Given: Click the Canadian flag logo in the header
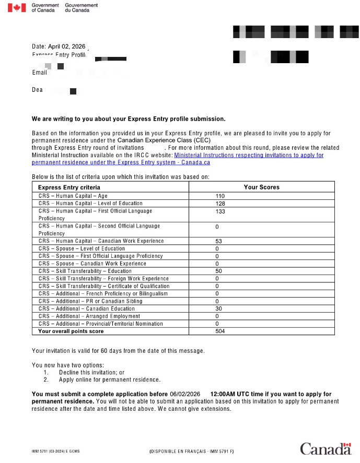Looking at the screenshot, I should tap(17, 8).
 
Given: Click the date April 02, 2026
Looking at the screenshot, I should tap(66, 46).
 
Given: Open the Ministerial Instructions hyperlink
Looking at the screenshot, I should tap(248, 155).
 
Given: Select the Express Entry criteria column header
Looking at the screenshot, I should tap(69, 187).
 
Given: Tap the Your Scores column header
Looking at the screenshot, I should tap(261, 187).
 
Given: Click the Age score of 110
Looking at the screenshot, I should tap(220, 196).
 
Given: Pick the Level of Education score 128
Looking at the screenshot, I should tap(220, 204).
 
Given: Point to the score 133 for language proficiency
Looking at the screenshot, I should tap(220, 211).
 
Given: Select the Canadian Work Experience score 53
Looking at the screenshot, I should tap(218, 241).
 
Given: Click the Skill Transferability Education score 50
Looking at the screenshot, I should tap(218, 271).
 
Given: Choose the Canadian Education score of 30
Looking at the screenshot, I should tap(218, 308).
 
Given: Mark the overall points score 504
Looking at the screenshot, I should tap(220, 331).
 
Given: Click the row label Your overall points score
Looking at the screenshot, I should tap(71, 331).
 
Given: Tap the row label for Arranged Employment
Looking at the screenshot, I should tap(89, 316).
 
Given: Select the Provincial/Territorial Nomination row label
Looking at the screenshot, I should tap(100, 324).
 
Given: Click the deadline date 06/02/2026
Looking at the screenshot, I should tap(185, 394).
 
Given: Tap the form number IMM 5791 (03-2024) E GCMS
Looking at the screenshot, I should tap(56, 450).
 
